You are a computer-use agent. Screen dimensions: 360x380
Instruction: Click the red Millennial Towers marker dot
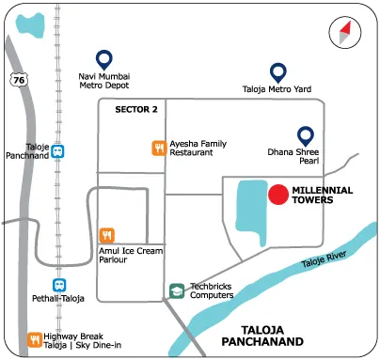pos(277,195)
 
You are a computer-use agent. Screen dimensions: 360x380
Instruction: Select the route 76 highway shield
pos(19,81)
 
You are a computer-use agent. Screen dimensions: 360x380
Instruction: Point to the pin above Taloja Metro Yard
pos(277,71)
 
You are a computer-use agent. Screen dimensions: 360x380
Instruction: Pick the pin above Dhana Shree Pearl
pos(305,135)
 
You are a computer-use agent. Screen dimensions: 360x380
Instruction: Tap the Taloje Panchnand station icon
pos(59,150)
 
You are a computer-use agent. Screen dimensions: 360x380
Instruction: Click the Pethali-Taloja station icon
pos(59,284)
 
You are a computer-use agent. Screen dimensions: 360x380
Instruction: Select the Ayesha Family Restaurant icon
pos(159,147)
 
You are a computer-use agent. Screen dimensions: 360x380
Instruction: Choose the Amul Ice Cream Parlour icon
pos(107,235)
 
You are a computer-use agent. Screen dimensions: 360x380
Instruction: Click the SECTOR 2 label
pos(136,110)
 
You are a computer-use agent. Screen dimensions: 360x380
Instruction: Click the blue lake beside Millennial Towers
pos(247,211)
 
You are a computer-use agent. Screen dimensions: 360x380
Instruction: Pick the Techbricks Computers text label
pos(209,290)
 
